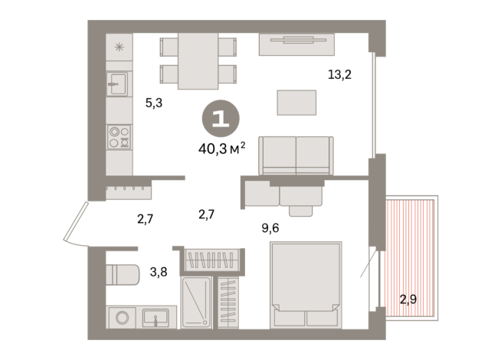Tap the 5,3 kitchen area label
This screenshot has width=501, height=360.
pos(154,102)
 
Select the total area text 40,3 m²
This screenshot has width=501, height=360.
pos(221,148)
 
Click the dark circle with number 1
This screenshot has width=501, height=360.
pos(221,119)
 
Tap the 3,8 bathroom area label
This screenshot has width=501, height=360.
pos(159,271)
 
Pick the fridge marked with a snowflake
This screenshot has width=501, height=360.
pos(119,47)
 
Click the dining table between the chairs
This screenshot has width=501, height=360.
pos(198,61)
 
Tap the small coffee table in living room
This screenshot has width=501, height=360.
pos(296,102)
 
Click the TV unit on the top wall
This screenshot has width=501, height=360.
pos(296,44)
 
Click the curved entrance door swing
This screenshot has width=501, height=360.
pos(74,224)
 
